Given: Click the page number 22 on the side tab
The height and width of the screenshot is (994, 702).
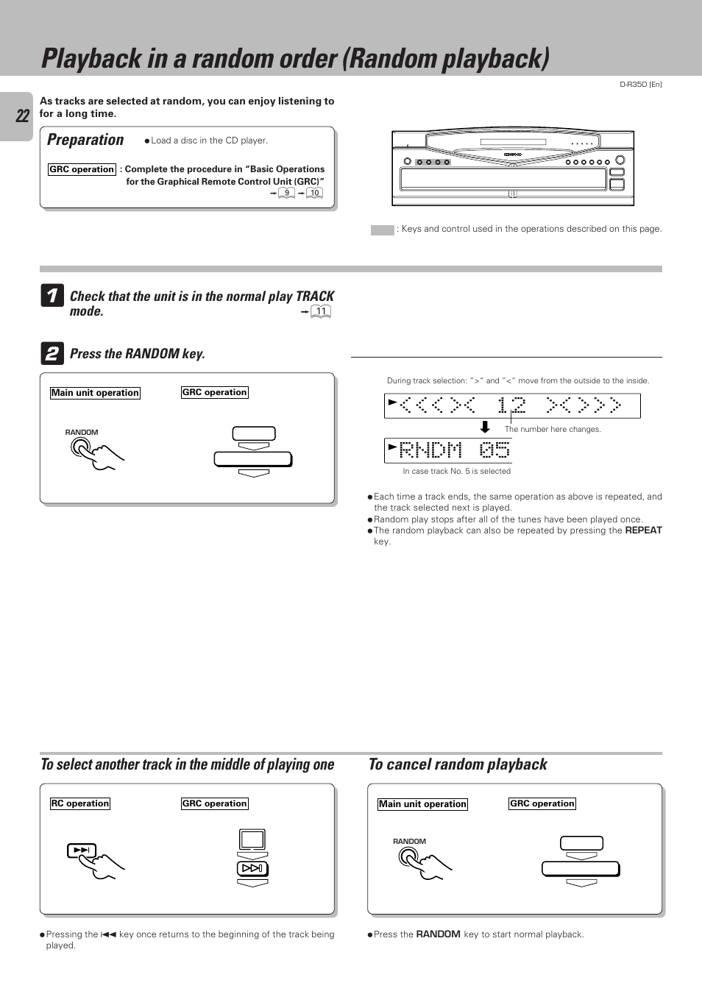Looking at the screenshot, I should [x=22, y=116].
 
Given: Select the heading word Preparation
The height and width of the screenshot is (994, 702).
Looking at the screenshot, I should [x=85, y=140].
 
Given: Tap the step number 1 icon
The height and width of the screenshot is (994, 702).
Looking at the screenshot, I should [x=52, y=296].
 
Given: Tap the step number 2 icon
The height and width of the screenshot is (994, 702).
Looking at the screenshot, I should [x=52, y=354].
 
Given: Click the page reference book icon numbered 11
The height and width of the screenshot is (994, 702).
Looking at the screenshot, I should [x=321, y=311].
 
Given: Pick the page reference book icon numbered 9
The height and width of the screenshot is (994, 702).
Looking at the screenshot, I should [x=286, y=193].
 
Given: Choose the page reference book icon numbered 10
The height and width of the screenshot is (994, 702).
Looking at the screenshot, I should [x=314, y=193].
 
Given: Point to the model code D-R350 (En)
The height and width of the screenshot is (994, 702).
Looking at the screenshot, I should [x=640, y=85].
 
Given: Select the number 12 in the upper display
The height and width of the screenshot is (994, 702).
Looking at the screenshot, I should [x=511, y=405].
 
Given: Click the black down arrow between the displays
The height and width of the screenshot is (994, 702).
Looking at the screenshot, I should [x=485, y=427].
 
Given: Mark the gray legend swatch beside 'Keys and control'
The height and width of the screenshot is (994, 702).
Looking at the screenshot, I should [x=382, y=230].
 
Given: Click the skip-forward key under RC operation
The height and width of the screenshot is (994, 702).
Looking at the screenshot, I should [x=81, y=851].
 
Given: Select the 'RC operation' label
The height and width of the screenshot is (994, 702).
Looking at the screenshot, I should [x=80, y=803].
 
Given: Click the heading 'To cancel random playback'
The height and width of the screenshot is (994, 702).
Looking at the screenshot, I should [x=458, y=764].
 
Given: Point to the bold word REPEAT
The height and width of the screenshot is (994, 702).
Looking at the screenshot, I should [x=643, y=530].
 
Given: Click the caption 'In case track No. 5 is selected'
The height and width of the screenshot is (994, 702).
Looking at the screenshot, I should [x=456, y=471].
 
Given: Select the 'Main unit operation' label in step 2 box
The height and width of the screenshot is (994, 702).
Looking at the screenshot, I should [x=95, y=393].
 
